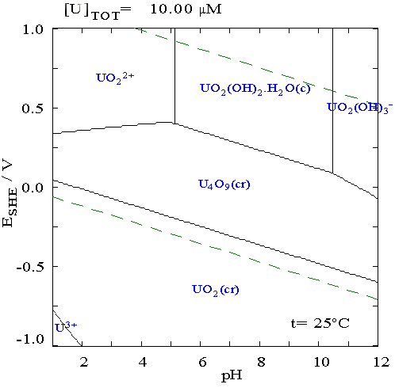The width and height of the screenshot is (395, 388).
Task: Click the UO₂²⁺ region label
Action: pyautogui.click(x=115, y=78)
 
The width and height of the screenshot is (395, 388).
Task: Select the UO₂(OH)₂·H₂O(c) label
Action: pyautogui.click(x=255, y=89)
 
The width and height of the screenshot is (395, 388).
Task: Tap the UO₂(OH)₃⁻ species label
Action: pyautogui.click(x=360, y=108)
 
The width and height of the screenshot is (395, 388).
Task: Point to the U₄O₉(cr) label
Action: pyautogui.click(x=224, y=184)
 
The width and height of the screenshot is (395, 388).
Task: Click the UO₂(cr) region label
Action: pyautogui.click(x=216, y=290)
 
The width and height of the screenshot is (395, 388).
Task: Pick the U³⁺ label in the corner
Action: pyautogui.click(x=66, y=327)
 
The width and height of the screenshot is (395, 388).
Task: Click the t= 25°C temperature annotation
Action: pyautogui.click(x=320, y=323)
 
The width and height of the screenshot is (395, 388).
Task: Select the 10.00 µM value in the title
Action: pyautogui.click(x=186, y=10)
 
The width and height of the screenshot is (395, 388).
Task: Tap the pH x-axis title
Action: pyautogui.click(x=232, y=375)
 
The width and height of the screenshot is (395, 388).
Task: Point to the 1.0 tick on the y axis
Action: pyautogui.click(x=33, y=30)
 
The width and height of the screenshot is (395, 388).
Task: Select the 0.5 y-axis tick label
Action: pyautogui.click(x=33, y=108)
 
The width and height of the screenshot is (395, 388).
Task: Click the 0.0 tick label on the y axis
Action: pyautogui.click(x=33, y=188)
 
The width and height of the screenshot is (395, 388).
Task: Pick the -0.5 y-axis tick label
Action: pyautogui.click(x=29, y=267)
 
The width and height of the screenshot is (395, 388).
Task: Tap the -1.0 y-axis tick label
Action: pyautogui.click(x=29, y=339)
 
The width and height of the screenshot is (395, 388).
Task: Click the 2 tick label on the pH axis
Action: pyautogui.click(x=84, y=362)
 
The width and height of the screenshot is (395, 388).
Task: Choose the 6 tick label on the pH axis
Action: pyautogui.click(x=202, y=362)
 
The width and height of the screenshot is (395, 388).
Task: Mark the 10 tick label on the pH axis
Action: pyautogui.click(x=321, y=362)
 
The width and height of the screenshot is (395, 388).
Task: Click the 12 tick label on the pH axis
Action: pyautogui.click(x=381, y=362)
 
